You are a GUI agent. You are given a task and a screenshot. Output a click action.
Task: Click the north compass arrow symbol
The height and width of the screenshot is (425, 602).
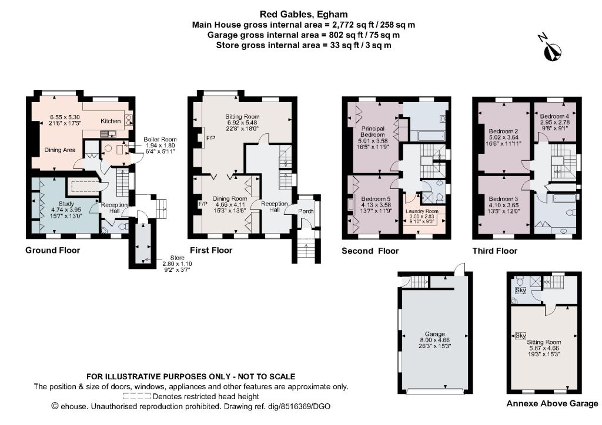point(553,52)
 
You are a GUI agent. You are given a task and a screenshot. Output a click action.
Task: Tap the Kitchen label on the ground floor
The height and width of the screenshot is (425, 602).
point(111,121)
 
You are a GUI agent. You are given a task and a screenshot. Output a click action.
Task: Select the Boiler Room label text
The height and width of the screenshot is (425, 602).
point(160,140)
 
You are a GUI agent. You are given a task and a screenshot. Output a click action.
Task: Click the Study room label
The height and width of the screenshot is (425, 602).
point(66,204)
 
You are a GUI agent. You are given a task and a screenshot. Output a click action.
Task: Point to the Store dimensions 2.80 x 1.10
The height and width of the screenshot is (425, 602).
point(177,264)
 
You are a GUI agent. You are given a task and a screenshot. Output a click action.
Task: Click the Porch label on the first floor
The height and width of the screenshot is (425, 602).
point(306,211)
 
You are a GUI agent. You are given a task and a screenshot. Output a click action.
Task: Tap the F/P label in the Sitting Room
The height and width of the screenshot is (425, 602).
point(211,138)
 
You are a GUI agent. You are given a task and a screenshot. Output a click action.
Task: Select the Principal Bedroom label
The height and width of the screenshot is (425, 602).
point(372,131)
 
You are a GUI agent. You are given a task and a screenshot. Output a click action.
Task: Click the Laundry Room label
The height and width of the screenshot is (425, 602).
point(422,211)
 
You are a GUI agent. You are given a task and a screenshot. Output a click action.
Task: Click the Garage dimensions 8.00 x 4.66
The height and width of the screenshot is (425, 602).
point(434,340)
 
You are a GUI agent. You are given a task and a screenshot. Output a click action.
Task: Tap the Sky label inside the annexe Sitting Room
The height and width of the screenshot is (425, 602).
point(520,336)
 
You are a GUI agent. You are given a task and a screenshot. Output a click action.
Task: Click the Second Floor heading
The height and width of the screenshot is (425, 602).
point(370,251)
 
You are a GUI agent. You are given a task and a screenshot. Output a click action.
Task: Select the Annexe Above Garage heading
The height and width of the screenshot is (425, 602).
point(552,403)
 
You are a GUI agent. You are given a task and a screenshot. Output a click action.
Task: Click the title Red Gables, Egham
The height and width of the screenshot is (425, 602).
point(304,15)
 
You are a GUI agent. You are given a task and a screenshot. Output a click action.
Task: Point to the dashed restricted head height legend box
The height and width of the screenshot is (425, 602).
point(136,396)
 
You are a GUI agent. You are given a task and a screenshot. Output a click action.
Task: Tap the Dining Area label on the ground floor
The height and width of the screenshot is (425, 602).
point(60,150)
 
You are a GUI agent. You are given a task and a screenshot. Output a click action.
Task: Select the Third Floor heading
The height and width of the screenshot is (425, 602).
point(495,251)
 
